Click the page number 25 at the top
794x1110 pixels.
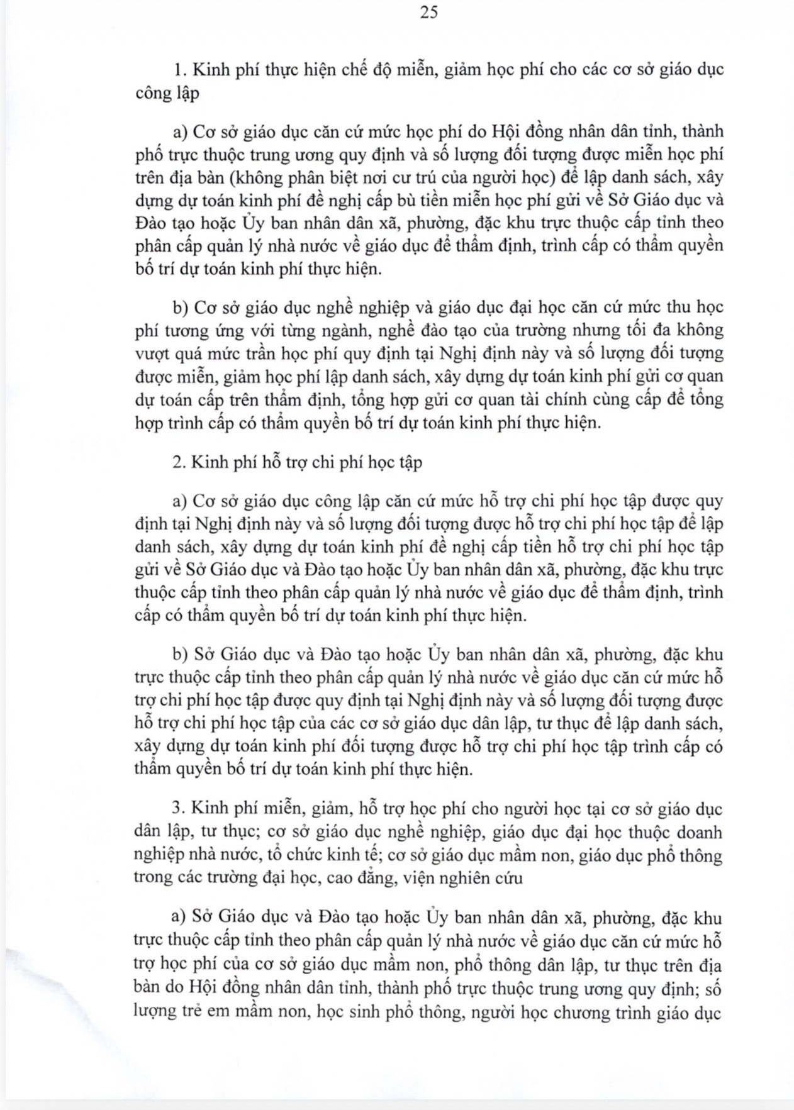point(428,13)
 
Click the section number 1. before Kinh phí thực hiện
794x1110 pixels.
point(178,70)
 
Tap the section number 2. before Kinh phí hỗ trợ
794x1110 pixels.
point(178,462)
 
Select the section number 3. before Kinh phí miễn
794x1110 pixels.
point(177,809)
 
